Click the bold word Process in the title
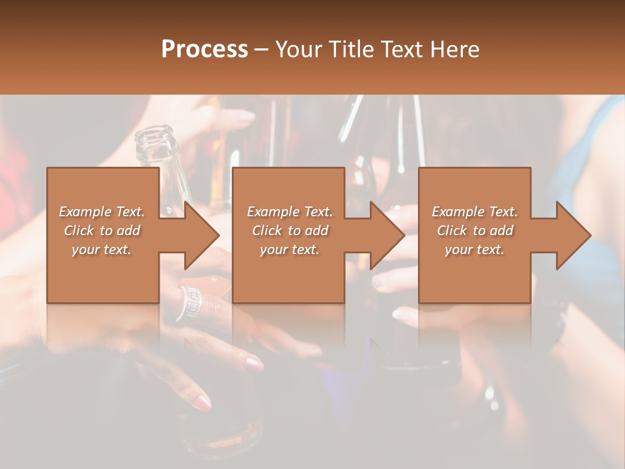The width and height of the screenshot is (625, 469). [204, 49]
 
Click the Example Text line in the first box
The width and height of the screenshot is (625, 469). [102, 212]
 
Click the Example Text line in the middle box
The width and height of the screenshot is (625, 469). [290, 212]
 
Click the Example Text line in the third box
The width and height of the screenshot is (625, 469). [475, 212]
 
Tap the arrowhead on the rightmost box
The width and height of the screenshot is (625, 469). [573, 234]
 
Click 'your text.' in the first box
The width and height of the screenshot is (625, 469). [102, 249]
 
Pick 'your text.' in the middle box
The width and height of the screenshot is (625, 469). [290, 249]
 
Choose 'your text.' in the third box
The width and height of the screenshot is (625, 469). [475, 249]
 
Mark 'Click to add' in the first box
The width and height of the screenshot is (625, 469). [102, 231]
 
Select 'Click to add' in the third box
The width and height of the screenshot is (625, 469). [475, 231]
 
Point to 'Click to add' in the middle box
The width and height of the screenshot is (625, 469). [290, 231]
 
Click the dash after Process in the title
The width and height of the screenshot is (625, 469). [262, 50]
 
